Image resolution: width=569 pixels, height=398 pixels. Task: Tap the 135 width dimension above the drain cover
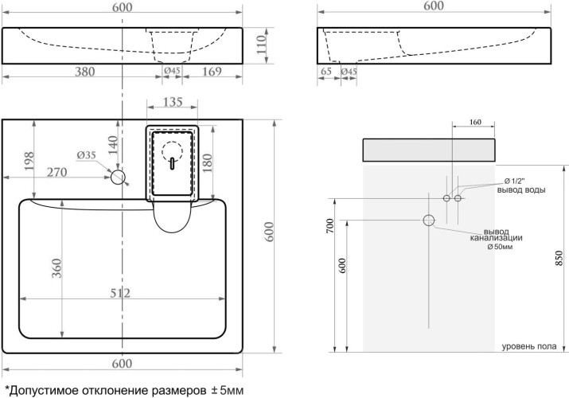tap(172, 102)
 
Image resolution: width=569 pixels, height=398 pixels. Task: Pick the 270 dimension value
tap(56, 171)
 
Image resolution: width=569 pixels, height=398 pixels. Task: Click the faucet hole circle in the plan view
tap(119, 177)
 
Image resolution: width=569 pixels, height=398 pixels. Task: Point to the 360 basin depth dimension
tap(57, 270)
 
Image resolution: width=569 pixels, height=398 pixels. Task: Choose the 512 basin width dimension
tap(120, 293)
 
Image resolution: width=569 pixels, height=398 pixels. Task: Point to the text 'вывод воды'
tap(520, 189)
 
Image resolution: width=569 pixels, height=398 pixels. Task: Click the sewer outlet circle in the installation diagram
tap(430, 220)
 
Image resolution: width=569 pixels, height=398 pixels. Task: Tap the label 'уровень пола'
tap(529, 346)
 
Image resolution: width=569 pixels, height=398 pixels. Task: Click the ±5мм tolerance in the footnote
tap(226, 390)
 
